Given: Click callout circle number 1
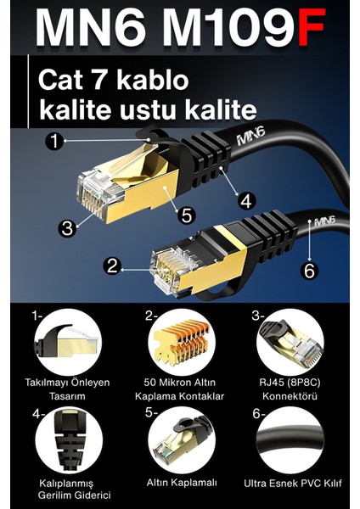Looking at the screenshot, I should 56,142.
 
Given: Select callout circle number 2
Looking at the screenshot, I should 111,266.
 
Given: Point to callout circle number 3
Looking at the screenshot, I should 67,227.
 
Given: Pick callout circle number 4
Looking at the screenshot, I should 246,200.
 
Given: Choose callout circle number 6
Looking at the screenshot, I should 309,271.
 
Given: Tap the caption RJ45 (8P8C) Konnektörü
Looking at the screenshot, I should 290,389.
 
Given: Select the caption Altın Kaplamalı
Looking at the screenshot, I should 181,482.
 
